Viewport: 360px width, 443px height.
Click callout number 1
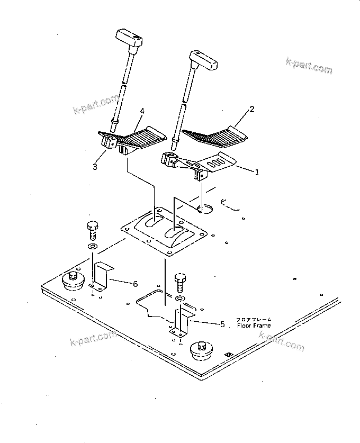click(257, 172)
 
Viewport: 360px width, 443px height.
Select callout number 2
click(251, 110)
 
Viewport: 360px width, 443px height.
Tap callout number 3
click(95, 167)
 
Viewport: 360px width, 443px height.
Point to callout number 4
click(142, 111)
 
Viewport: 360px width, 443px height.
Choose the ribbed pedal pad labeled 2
click(214, 135)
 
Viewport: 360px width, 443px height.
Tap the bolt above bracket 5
click(180, 281)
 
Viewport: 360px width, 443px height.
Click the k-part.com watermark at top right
click(309, 66)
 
